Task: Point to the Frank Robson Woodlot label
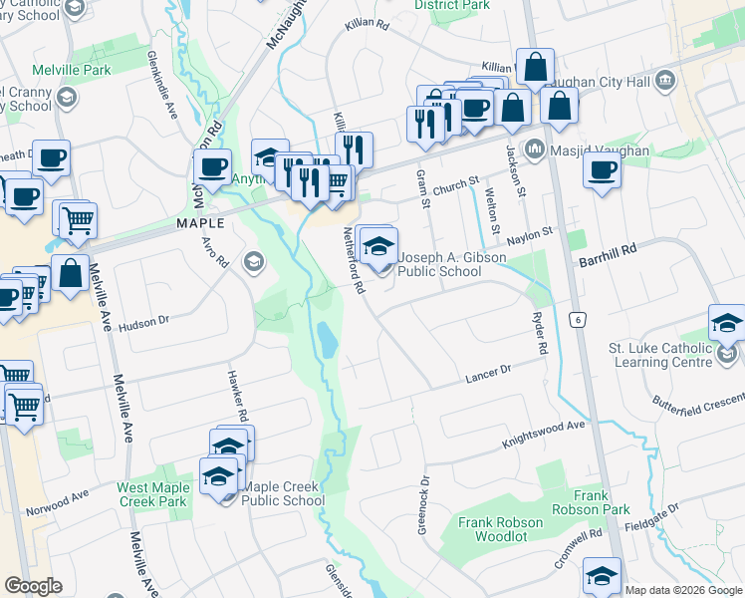[500, 529]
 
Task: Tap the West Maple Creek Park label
[152, 494]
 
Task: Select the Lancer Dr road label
[488, 375]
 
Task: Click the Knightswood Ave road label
[544, 432]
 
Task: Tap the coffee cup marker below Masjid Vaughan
[601, 171]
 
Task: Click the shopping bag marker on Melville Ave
[72, 274]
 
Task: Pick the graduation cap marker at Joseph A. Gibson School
[377, 245]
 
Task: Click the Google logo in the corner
[33, 586]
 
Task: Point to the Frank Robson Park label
[605, 502]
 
